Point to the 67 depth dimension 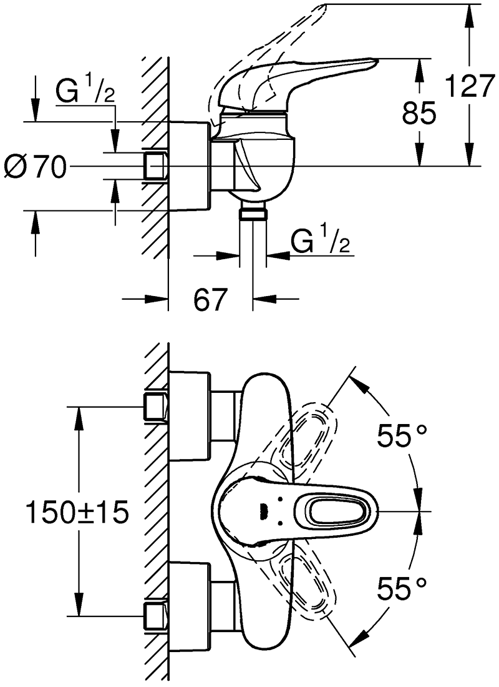point(210,300)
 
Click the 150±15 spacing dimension point(77,513)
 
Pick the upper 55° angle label point(402,435)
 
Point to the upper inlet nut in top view point(156,406)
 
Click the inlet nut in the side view point(156,166)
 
